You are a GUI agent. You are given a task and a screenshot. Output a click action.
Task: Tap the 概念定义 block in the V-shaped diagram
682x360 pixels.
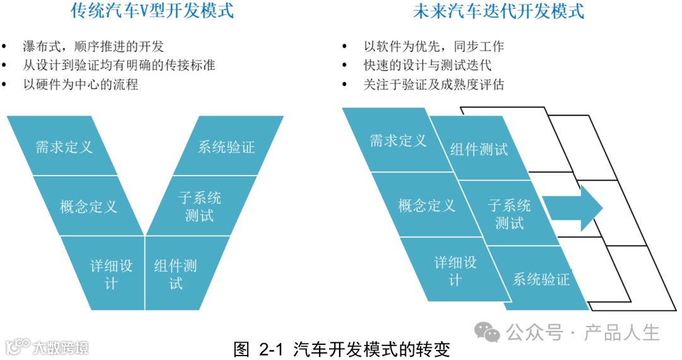pos(88,206)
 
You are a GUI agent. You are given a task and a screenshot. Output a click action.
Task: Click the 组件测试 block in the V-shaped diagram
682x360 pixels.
pos(177,273)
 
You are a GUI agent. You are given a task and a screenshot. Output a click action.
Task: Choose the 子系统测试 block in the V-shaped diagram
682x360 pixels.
pos(201,206)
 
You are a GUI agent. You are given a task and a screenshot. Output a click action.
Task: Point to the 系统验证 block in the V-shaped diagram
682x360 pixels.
pos(226,147)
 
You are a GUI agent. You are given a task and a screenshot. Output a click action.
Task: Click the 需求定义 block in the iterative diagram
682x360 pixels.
pos(397,140)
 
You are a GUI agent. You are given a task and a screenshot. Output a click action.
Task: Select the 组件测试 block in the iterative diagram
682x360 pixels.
pos(480,150)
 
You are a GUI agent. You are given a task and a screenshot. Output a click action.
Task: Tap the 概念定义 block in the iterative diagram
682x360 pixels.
pos(426,205)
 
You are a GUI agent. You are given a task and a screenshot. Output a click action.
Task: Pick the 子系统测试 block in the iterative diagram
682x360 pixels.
pos(509,213)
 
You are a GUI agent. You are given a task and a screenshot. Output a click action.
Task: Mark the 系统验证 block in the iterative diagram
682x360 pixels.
pos(541,279)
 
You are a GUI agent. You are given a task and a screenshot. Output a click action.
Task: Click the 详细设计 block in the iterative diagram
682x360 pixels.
pos(455,270)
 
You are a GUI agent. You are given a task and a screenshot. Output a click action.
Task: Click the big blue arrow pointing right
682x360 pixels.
pos(572,208)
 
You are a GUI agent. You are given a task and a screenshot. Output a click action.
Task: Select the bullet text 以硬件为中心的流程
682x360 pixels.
pos(80,84)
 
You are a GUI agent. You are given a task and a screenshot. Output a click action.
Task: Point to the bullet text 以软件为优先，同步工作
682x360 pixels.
pos(433,46)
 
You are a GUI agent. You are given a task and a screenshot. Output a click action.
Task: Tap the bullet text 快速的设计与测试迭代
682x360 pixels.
pos(427,65)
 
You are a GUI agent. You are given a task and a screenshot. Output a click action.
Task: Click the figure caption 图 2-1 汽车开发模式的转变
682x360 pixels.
pos(342,349)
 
